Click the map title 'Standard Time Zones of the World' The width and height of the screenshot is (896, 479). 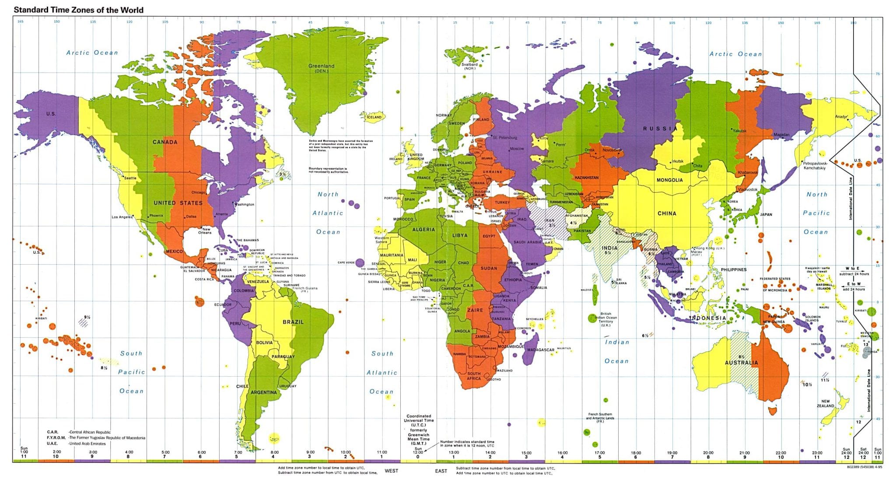pos(79,10)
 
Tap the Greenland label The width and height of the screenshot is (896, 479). pos(321,66)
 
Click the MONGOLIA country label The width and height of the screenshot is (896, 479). pos(669,180)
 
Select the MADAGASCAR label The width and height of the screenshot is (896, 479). pos(541,350)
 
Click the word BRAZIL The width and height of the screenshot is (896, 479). pos(293,322)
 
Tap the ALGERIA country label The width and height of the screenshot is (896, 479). pos(423,229)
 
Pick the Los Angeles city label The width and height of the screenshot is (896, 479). pos(122,217)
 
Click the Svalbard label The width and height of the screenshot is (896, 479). pos(469,64)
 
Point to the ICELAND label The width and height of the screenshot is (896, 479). pos(374,117)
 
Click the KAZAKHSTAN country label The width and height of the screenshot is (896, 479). pos(586,178)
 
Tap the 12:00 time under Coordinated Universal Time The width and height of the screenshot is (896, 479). pos(418,452)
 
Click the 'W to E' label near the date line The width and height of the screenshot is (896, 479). pos(852,268)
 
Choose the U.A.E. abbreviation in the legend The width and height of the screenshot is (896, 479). pos(52,444)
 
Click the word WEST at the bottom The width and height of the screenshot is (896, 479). pos(392,471)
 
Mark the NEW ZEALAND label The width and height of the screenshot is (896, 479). pos(825,403)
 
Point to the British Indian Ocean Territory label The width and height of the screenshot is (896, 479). pos(605,319)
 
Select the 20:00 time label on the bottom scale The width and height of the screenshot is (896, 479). pos(708,453)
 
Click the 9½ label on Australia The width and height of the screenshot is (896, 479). pos(741,357)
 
